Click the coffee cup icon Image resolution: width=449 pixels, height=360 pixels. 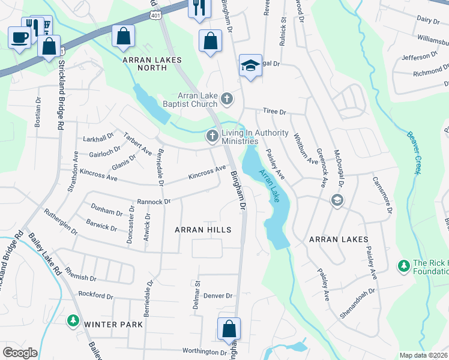tap(20, 37)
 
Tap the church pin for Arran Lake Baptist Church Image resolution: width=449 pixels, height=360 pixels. tap(226, 98)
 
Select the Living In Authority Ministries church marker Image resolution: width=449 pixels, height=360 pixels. tap(211, 137)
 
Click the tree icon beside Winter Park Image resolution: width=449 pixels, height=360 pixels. tap(73, 321)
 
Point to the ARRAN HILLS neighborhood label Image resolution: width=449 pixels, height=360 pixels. tap(202, 230)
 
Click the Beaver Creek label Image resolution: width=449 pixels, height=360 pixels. tap(412, 153)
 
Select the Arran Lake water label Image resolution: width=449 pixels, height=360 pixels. tap(270, 185)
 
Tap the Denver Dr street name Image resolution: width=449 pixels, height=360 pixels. tap(217, 296)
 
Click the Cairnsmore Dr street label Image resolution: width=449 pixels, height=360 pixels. tap(382, 195)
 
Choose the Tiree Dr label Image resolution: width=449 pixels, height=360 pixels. tap(274, 112)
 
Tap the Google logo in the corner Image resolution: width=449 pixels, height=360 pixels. tap(20, 353)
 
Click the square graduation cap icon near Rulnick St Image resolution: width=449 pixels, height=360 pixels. tap(250, 65)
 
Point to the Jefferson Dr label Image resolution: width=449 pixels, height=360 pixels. tap(420, 56)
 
